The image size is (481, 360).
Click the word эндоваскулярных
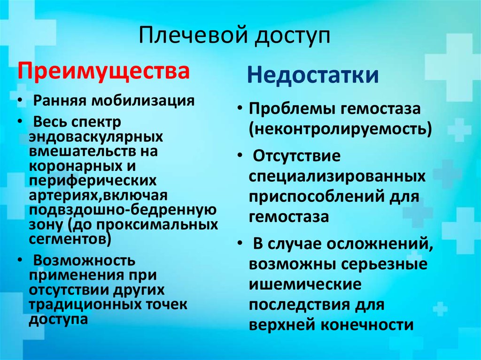coord(96,137)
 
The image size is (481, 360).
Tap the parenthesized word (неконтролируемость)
coord(341,128)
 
